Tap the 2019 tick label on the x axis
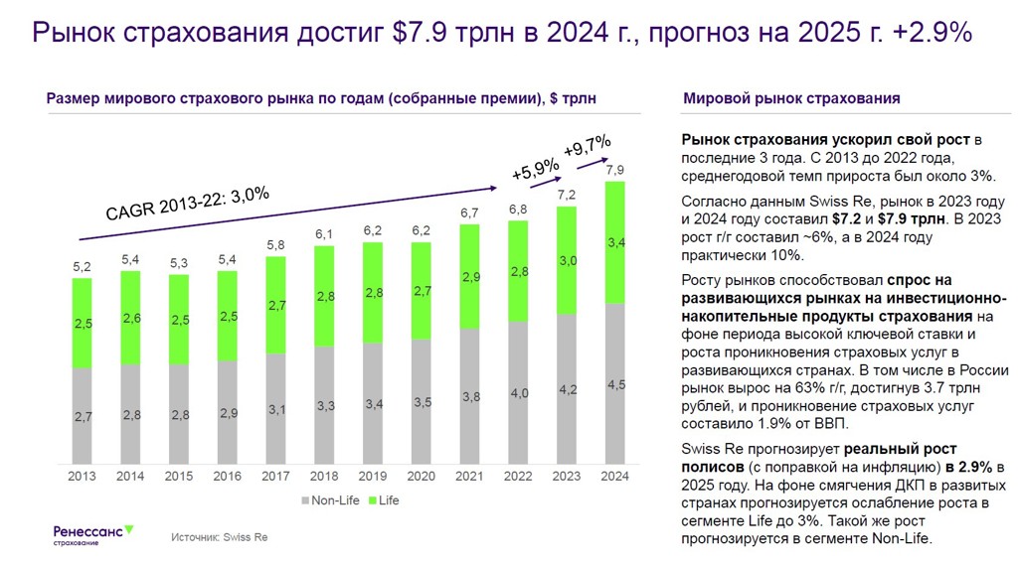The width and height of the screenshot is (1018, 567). tap(373, 476)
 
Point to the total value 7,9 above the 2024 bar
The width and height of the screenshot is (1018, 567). tap(615, 169)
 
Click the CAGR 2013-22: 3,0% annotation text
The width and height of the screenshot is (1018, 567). tap(187, 204)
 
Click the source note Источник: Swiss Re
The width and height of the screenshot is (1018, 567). tap(219, 537)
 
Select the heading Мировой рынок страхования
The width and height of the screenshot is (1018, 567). tap(791, 98)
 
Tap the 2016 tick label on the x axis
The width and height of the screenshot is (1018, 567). tap(228, 476)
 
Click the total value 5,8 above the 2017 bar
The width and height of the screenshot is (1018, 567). tap(276, 245)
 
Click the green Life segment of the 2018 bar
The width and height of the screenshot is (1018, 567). tap(325, 296)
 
